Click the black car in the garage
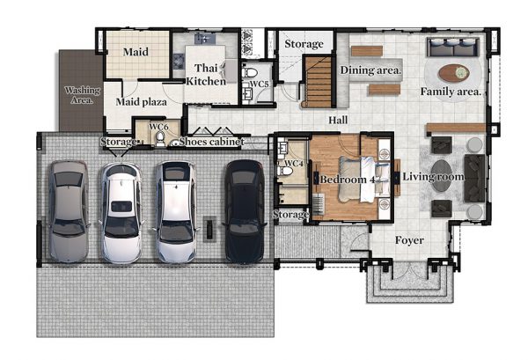click(x=244, y=211)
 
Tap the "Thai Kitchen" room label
click(x=206, y=75)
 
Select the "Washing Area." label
click(x=82, y=95)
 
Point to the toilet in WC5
click(x=250, y=72)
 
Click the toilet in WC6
click(x=161, y=139)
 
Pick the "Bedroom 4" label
click(x=348, y=180)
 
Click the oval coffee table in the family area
click(x=453, y=73)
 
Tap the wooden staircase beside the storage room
click(x=319, y=82)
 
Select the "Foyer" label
click(x=409, y=240)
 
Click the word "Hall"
click(x=338, y=121)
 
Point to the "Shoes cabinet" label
click(x=211, y=142)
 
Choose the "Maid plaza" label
click(x=141, y=102)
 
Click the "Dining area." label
click(x=370, y=70)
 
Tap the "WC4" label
click(x=294, y=164)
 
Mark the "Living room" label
click(x=433, y=176)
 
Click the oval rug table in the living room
click(x=442, y=176)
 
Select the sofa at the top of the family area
click(x=453, y=48)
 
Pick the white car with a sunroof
click(x=121, y=212)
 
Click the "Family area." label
click(x=451, y=92)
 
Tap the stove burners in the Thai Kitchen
click(x=179, y=62)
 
